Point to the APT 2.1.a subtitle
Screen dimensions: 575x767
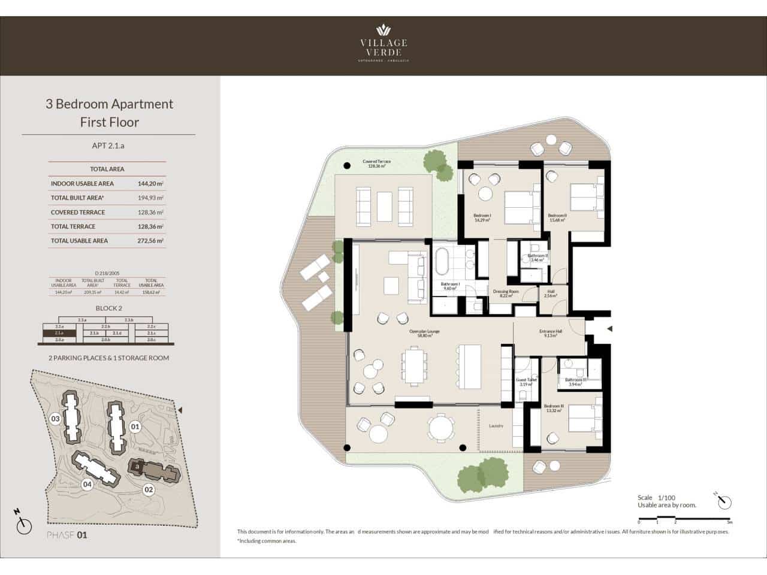click(x=108, y=146)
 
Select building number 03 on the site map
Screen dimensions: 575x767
click(x=56, y=419)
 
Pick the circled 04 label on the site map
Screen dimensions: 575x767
click(x=87, y=485)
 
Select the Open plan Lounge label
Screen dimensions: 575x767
click(x=421, y=334)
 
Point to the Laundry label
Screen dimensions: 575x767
click(x=496, y=426)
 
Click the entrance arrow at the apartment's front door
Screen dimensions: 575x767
click(x=609, y=329)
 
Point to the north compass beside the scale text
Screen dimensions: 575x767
click(x=723, y=501)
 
